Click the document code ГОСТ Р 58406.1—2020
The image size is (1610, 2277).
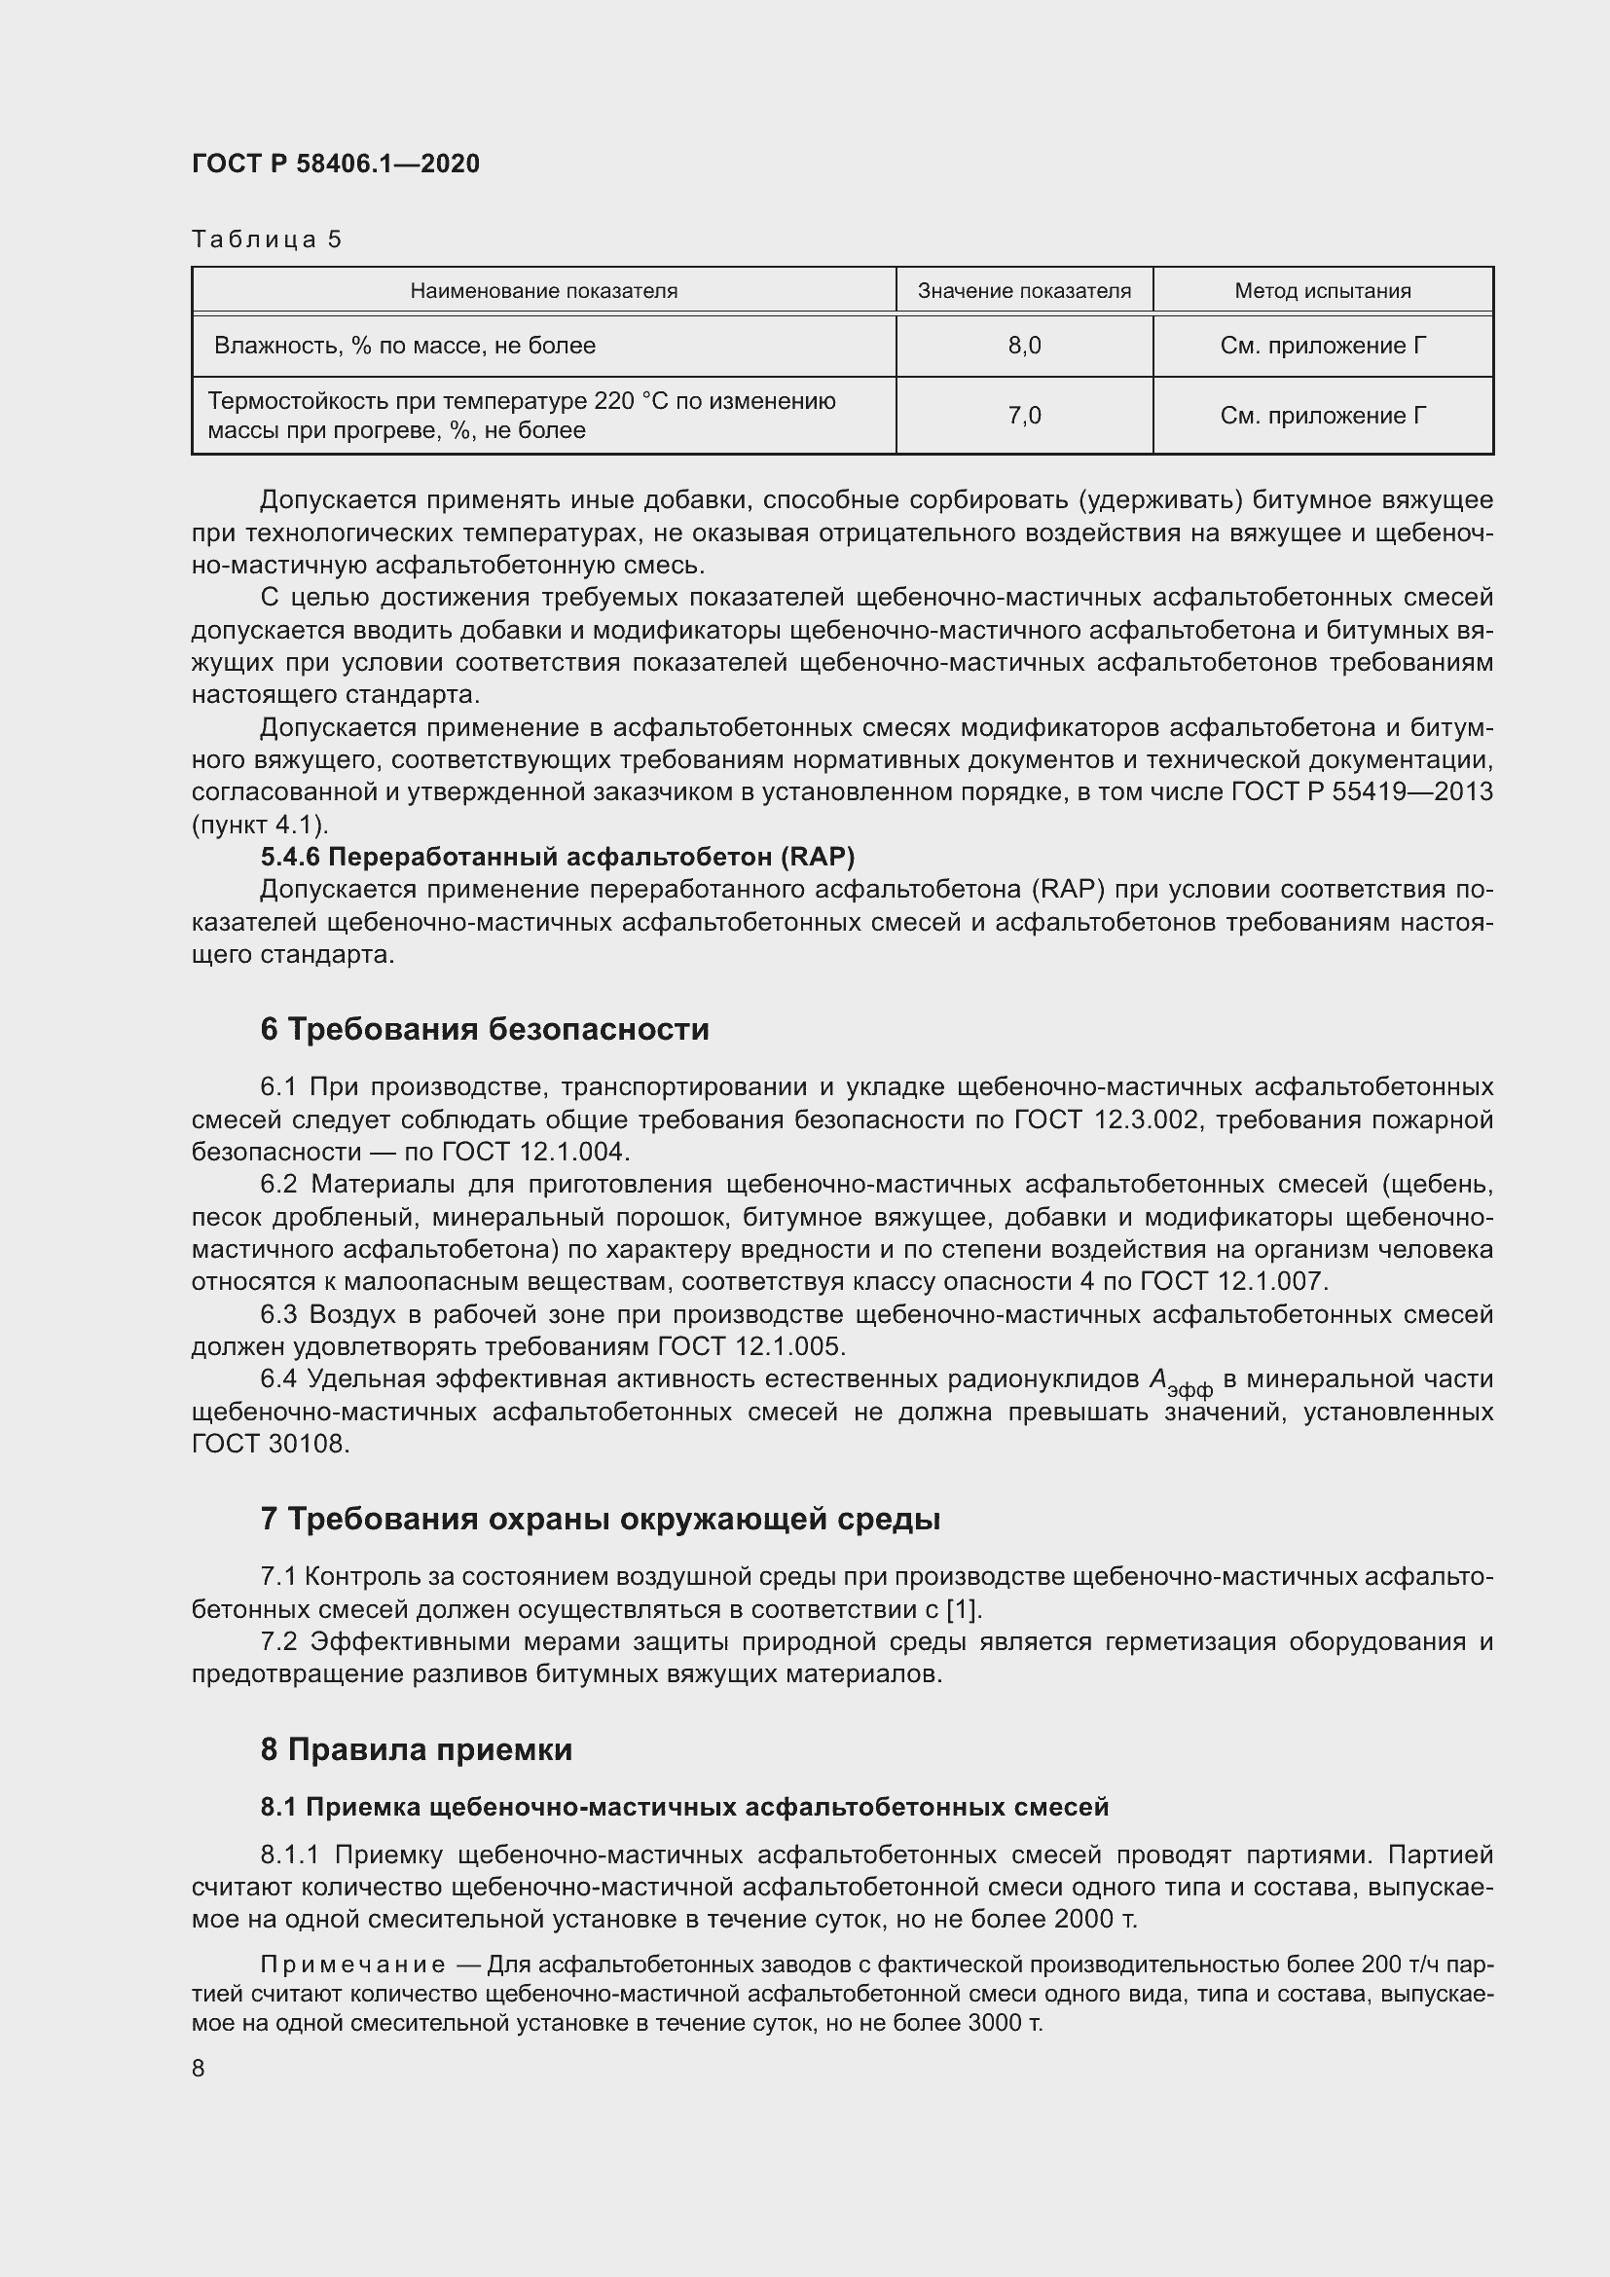point(335,165)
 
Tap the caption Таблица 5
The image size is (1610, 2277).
point(266,239)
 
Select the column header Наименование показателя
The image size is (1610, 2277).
point(543,290)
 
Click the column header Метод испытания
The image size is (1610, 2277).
point(1323,290)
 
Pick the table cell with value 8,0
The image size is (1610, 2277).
point(1024,347)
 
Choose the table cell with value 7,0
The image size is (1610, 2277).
point(1024,416)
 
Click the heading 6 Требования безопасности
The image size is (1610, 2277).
point(484,1029)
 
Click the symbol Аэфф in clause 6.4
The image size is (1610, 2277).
point(1179,1382)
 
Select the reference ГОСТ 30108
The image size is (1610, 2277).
point(270,1444)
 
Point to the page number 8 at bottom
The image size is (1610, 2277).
point(199,2068)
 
